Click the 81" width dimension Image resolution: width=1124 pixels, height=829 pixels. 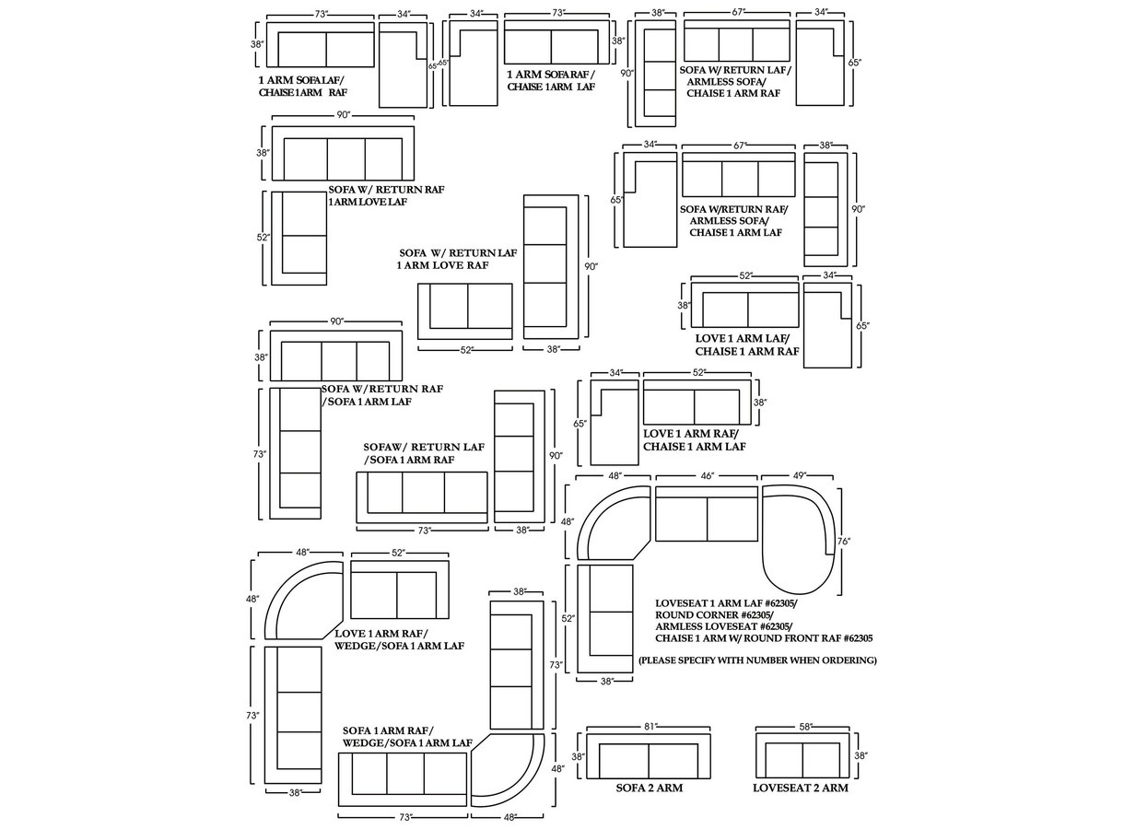649,726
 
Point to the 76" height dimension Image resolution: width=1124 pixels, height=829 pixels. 843,541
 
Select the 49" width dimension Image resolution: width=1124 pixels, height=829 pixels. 798,475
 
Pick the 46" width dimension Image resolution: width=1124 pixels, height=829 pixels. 707,475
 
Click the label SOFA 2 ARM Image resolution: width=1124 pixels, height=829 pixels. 649,788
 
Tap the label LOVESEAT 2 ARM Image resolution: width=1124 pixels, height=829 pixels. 800,788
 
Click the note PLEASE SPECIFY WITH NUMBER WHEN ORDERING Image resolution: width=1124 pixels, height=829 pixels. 757,660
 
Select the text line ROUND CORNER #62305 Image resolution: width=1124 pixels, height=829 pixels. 714,614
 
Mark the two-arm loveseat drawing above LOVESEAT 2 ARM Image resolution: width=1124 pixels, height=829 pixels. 802,759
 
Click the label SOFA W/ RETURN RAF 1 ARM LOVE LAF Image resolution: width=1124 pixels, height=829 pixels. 386,195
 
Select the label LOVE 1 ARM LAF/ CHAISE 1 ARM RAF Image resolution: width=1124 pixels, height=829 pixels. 747,344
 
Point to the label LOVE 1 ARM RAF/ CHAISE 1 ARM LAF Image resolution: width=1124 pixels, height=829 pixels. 694,439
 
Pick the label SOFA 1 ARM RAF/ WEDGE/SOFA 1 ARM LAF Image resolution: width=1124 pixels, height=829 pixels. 407,737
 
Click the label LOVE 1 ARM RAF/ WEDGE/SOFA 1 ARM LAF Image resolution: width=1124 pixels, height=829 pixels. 399,639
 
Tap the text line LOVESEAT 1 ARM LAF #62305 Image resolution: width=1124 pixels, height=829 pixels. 727,603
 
